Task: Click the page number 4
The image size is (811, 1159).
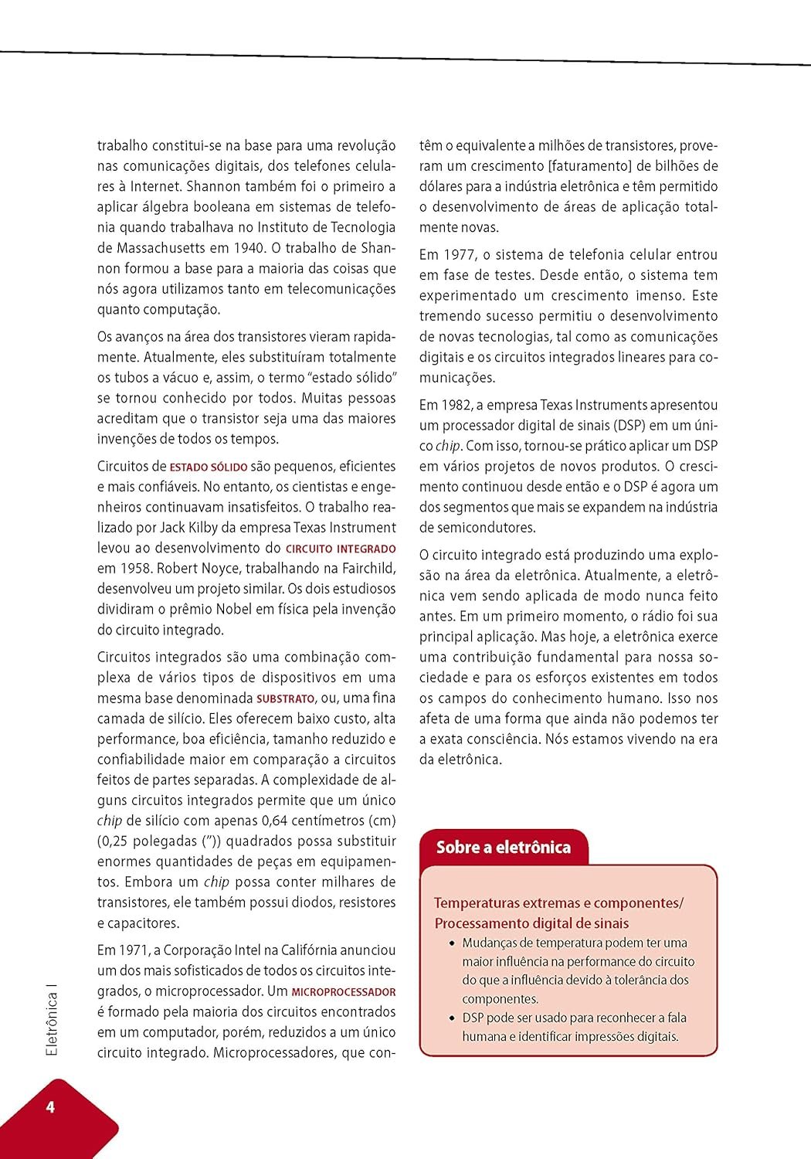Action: click(50, 1106)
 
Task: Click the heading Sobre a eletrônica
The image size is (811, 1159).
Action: click(503, 847)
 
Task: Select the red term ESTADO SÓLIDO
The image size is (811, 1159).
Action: click(209, 467)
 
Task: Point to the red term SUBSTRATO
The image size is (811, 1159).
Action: click(285, 698)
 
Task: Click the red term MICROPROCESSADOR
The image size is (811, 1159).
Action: click(344, 991)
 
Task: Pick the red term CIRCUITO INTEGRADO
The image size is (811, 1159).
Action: click(341, 549)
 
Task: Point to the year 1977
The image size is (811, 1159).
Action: click(460, 254)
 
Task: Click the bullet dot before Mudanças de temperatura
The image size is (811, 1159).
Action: click(452, 943)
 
